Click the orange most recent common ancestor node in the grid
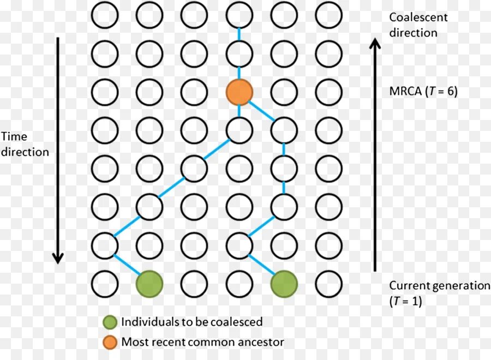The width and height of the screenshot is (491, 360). point(239,92)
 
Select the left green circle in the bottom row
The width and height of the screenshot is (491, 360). point(149,284)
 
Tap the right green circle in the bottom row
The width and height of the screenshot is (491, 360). point(284,284)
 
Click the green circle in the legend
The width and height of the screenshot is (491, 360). point(111,322)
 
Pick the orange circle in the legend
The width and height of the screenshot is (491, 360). point(111,343)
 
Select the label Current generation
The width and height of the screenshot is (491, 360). point(440,286)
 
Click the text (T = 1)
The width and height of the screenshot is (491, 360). point(405,301)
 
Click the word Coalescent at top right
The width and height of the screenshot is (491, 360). point(418,17)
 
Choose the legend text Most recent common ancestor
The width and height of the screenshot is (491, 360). point(202,343)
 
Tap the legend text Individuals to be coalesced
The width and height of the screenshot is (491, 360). point(191,322)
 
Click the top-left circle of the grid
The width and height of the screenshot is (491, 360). point(105,15)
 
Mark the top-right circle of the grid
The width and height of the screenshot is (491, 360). point(329,15)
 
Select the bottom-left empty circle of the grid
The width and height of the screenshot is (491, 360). point(105,284)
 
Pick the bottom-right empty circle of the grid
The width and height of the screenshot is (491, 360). point(329,284)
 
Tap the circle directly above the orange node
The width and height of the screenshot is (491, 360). point(239,53)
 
